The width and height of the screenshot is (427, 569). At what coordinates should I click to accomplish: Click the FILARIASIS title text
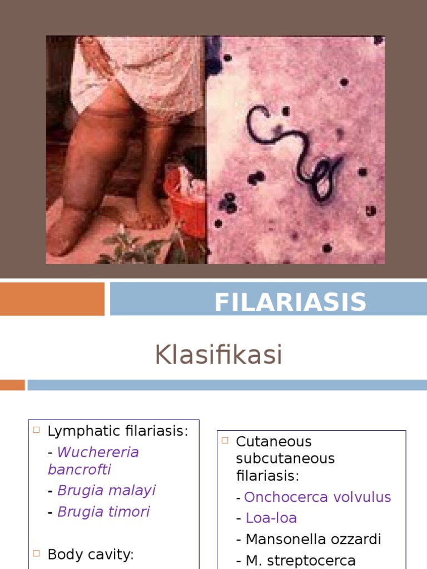tap(290, 302)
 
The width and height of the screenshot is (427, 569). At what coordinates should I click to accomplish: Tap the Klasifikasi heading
tap(219, 355)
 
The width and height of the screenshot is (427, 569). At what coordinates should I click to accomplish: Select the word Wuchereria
tap(98, 452)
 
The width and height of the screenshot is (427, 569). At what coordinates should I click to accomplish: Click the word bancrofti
tap(80, 469)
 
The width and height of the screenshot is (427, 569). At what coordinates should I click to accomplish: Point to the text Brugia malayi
tap(106, 490)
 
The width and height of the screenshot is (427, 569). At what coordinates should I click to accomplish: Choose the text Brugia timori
tap(103, 511)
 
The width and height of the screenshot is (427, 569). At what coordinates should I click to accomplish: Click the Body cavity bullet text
tap(91, 554)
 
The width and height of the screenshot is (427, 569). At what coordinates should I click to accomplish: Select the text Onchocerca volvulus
tap(317, 497)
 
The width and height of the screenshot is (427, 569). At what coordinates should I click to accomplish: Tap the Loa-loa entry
tap(271, 518)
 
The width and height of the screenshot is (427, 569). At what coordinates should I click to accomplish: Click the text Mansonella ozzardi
tap(314, 539)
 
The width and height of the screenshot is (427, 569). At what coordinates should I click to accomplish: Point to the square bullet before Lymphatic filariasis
tap(37, 430)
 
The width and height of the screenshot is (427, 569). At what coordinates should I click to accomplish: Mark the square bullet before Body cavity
tap(37, 553)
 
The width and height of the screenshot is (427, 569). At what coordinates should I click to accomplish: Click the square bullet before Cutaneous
tap(225, 441)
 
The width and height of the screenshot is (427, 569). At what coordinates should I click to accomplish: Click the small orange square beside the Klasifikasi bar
tap(12, 385)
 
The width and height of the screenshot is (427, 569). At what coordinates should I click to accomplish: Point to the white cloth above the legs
tap(139, 72)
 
